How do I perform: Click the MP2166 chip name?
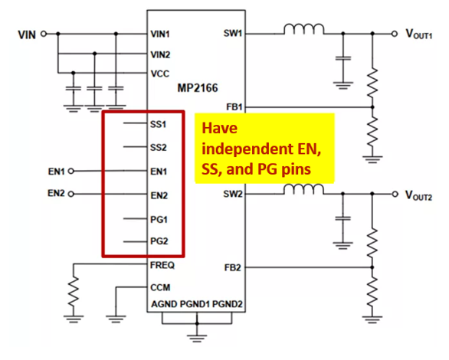click(x=198, y=88)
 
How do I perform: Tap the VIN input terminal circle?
click(x=44, y=34)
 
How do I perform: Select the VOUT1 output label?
click(x=419, y=34)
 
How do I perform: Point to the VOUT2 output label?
click(x=418, y=195)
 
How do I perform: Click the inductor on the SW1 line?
click(x=304, y=29)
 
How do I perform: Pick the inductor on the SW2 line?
click(x=304, y=189)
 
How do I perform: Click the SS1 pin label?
click(x=158, y=125)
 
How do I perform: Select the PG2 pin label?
click(x=159, y=241)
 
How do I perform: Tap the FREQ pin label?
click(x=162, y=265)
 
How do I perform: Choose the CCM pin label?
click(x=160, y=287)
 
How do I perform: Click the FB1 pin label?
click(x=234, y=107)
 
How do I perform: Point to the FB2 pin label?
click(x=233, y=268)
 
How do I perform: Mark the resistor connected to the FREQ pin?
click(x=74, y=292)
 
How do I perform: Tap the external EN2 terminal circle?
click(x=71, y=195)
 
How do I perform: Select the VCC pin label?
click(x=160, y=74)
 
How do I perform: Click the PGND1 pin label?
click(x=195, y=304)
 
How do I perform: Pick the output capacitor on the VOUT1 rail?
click(x=343, y=58)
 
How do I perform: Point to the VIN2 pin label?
click(x=160, y=54)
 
